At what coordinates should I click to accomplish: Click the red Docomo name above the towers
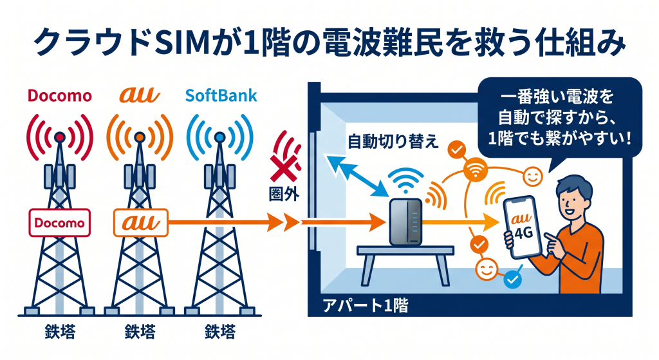point(60,97)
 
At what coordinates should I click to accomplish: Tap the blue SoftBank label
point(221,97)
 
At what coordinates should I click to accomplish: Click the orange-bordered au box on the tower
point(140,223)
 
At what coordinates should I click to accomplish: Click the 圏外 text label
point(284,191)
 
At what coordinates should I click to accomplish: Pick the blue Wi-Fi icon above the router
point(405,181)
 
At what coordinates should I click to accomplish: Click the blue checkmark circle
point(512,279)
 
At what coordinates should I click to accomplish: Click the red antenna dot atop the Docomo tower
point(60,137)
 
